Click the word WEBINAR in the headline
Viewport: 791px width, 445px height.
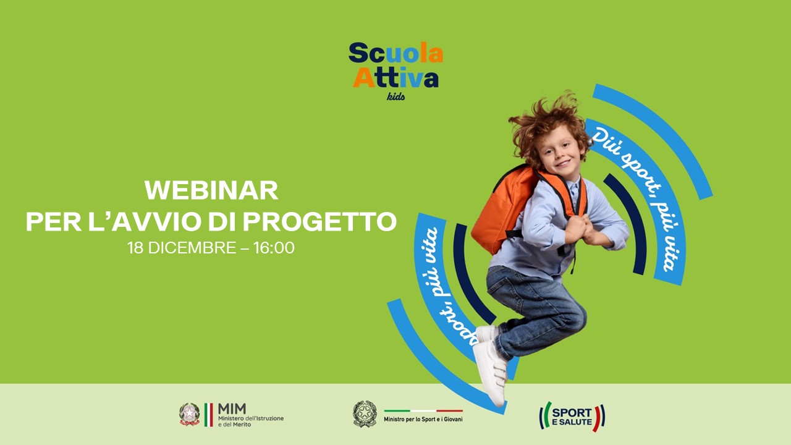(211, 190)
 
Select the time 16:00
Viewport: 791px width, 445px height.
(274, 248)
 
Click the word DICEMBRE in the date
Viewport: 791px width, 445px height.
(192, 248)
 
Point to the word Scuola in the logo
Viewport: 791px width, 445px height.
(396, 53)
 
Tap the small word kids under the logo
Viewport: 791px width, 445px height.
(396, 96)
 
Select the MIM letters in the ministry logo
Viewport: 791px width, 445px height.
(232, 409)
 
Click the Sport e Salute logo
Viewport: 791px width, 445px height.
(572, 417)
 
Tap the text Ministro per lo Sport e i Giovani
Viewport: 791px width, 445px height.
(423, 419)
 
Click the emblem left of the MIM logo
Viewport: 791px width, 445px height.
(190, 414)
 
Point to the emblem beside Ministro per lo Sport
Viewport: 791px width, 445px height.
(365, 413)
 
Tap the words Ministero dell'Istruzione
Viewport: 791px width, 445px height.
(251, 418)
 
